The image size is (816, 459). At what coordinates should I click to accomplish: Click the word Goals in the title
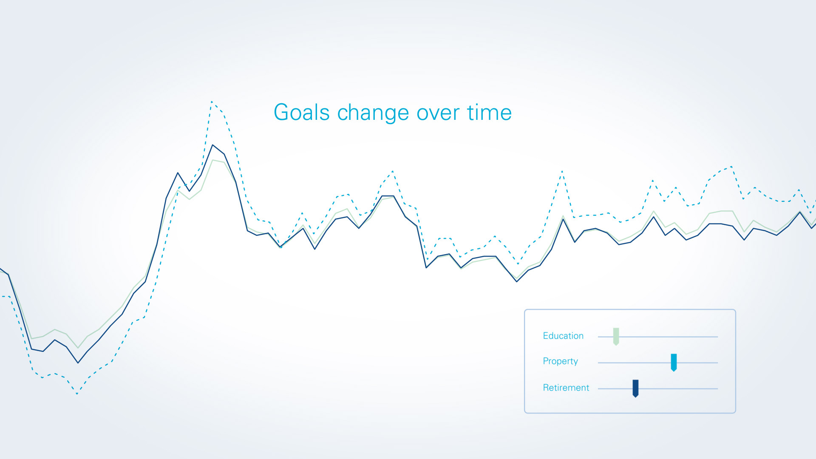302,112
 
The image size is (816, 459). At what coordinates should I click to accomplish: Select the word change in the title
374,113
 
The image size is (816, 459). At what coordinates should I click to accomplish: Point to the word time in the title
489,112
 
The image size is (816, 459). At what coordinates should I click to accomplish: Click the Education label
563,336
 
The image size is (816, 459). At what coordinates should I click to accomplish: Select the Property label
561,361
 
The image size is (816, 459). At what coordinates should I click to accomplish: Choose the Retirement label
566,388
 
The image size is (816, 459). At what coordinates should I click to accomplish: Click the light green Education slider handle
616,337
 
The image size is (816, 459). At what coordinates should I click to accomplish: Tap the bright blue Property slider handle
674,363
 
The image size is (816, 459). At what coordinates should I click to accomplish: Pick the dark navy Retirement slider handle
635,388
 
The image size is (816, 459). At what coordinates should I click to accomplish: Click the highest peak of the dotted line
211,101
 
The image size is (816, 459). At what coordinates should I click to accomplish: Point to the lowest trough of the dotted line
77,394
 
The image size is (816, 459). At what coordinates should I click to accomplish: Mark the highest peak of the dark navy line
212,145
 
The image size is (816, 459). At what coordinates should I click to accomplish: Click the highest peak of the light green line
212,160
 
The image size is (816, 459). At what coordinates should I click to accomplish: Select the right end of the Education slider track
718,337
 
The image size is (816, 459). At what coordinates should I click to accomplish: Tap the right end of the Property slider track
718,363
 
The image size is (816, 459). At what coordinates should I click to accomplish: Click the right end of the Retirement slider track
718,388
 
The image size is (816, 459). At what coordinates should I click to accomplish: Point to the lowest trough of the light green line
78,348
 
